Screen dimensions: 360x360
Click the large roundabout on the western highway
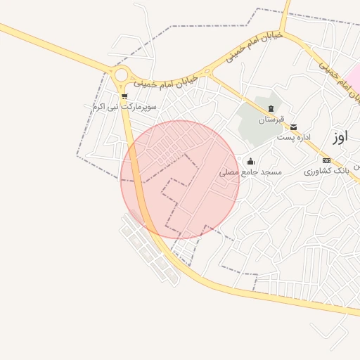(121, 75)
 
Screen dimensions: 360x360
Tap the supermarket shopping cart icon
(124, 96)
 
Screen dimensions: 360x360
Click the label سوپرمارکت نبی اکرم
(124, 106)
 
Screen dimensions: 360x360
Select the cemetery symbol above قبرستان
(271, 108)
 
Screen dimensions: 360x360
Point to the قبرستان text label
(271, 120)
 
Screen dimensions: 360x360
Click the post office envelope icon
(293, 127)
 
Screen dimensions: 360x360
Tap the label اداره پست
(293, 137)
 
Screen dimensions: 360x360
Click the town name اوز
(340, 136)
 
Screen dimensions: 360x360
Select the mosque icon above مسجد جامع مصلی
(250, 162)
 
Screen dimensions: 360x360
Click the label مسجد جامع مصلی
(250, 172)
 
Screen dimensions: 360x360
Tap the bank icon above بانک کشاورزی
(326, 161)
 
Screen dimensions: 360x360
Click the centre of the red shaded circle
(180, 180)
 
